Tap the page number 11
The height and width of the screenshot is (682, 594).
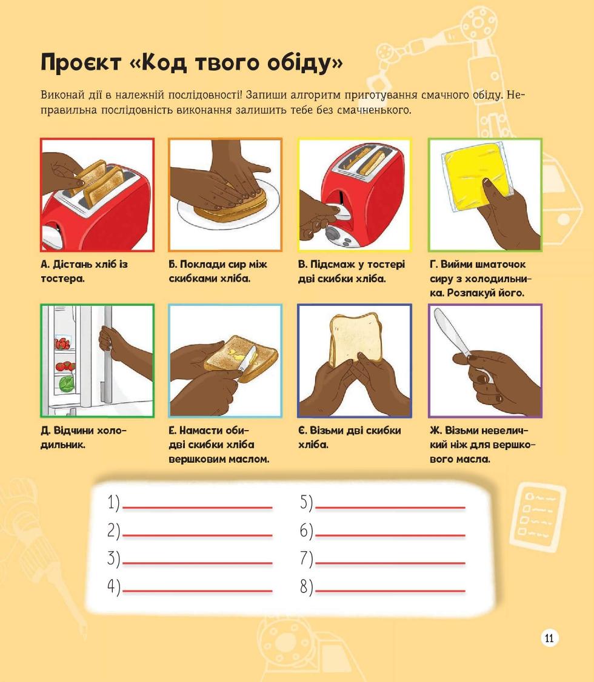(x=549, y=638)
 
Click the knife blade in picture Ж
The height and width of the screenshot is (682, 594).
(x=452, y=331)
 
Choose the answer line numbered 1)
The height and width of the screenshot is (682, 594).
(x=197, y=507)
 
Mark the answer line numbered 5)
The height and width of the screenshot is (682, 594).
(x=390, y=507)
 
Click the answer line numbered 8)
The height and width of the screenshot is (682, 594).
(x=390, y=591)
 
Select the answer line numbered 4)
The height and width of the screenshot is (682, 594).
(x=197, y=591)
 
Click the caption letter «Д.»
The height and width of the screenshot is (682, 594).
(x=45, y=431)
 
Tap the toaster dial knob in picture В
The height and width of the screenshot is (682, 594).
(x=333, y=233)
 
